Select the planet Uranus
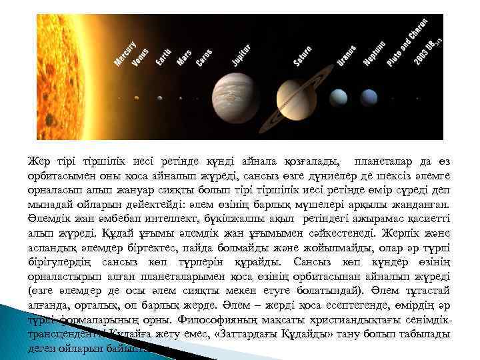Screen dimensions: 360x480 [x=339, y=96]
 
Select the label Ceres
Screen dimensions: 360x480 [x=204, y=58]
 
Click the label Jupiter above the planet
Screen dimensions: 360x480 [x=241, y=55]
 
